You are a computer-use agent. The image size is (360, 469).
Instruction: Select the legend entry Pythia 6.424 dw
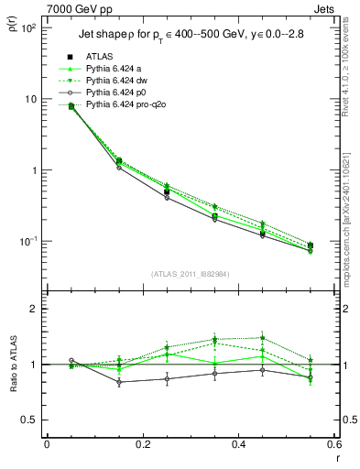(113, 81)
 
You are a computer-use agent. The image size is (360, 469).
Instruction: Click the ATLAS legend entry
(99, 57)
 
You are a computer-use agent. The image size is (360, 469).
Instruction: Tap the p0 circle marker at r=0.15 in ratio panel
(118, 383)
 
